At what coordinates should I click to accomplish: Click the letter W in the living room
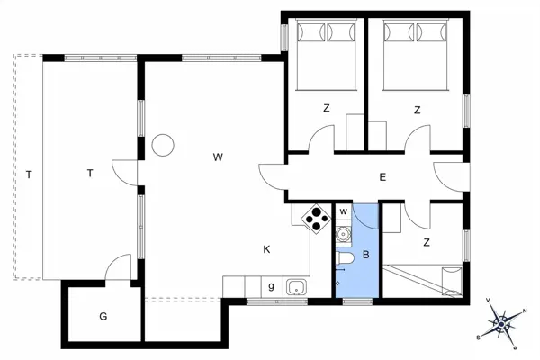[218, 157]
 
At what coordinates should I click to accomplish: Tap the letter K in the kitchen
[267, 249]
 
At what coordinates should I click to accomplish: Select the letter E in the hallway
[382, 177]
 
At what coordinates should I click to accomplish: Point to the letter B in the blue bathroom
[365, 255]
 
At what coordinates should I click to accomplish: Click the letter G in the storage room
[103, 316]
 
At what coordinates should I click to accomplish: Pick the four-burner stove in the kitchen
[317, 219]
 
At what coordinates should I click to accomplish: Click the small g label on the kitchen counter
[271, 286]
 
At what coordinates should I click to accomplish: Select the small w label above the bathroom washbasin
[343, 211]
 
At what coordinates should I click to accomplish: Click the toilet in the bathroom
[344, 261]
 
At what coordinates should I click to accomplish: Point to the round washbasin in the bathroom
[342, 235]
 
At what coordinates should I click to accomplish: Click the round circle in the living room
[163, 145]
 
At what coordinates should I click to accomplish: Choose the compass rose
[502, 321]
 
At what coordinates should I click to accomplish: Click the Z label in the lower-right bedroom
[426, 242]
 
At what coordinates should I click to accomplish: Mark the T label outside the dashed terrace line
[29, 174]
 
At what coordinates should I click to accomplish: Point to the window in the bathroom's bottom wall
[356, 301]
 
